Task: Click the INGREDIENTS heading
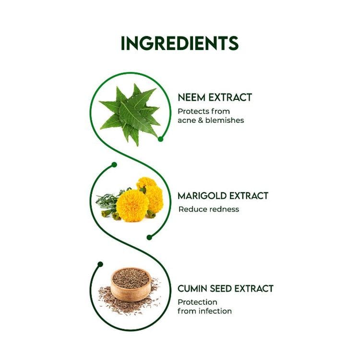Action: coord(180,43)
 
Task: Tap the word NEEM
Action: coord(192,97)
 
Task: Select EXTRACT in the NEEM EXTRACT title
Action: coord(230,97)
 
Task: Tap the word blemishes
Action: coord(225,120)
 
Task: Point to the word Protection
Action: coord(197,302)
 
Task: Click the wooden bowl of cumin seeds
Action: coord(131,285)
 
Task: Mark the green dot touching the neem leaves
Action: coord(160,139)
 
